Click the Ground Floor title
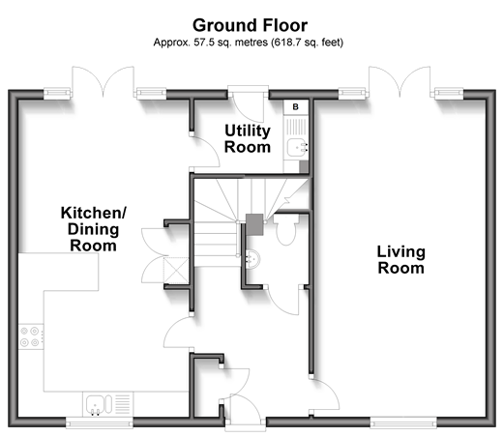pos(250,25)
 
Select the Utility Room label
pos(248,139)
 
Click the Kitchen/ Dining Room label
pos(94,229)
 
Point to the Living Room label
pos(401,260)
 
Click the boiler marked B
pos(296,106)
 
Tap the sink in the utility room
pos(297,148)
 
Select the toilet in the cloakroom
pos(286,229)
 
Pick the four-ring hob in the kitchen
pos(31,336)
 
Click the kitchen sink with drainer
pos(107,404)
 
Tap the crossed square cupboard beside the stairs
pos(176,271)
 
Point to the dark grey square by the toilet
pos(254,224)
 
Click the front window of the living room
pos(403,422)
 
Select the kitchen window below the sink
pos(100,422)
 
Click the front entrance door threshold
pos(246,425)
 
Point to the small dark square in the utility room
pos(304,166)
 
